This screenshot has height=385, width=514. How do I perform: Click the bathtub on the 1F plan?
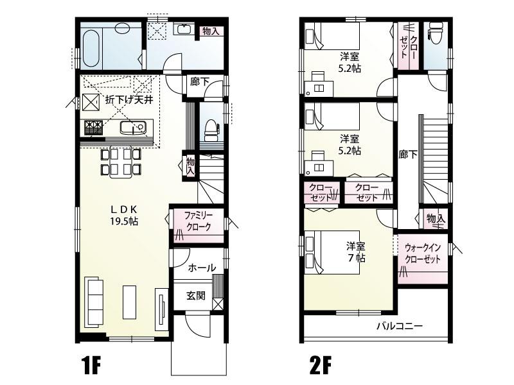(x=90, y=49)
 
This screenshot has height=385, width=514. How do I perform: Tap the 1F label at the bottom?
(x=90, y=365)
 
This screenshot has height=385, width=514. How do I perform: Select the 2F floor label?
(x=320, y=365)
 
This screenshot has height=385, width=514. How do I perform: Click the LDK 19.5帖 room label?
(x=124, y=216)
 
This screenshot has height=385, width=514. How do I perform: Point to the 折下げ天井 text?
(x=129, y=99)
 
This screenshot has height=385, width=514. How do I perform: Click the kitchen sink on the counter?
(x=133, y=127)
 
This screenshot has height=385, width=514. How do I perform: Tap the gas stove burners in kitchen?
(x=93, y=127)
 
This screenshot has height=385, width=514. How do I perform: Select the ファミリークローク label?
(x=199, y=221)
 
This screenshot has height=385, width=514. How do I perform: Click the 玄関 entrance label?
(x=196, y=295)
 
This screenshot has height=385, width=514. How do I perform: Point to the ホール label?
(x=202, y=268)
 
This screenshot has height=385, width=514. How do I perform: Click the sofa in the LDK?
(x=94, y=302)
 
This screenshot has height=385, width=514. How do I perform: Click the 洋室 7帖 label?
(x=356, y=252)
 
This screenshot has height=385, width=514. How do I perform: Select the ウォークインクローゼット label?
(x=423, y=253)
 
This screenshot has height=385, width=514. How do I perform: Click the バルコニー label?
(x=400, y=326)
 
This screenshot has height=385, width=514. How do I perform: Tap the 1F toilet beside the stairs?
(x=211, y=128)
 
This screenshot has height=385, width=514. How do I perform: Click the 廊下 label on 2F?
(x=408, y=154)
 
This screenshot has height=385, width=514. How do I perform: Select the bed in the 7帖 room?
(x=332, y=252)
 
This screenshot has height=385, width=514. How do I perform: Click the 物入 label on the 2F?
(x=436, y=218)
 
